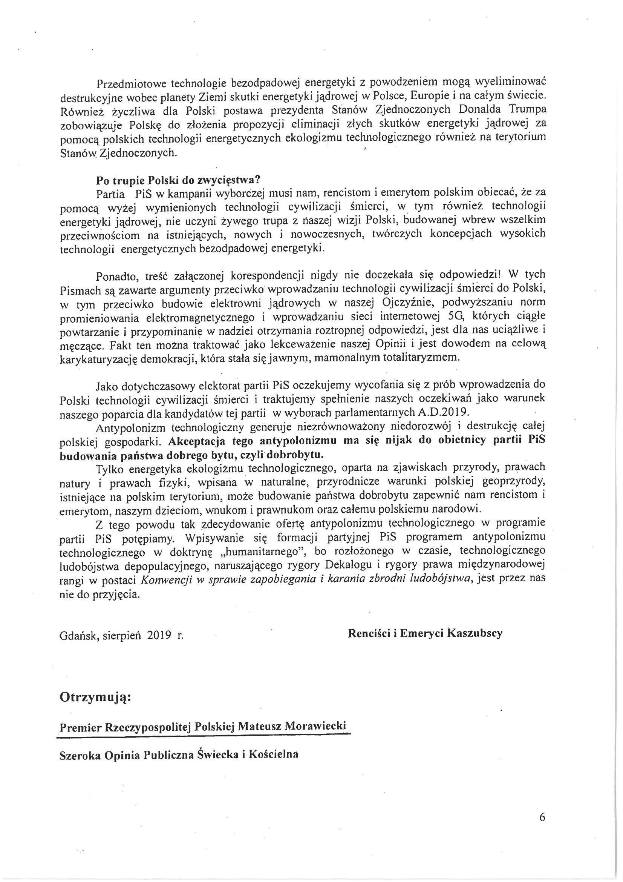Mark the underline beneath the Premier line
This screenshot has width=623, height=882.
204,736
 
